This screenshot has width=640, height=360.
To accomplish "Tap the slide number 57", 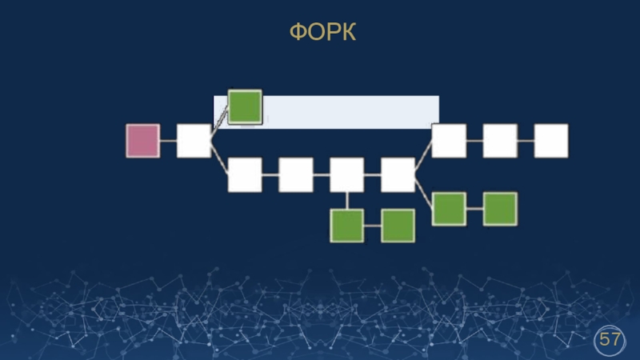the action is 610,340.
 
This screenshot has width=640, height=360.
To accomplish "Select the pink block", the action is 142,141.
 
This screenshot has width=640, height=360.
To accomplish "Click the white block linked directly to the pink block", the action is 194,141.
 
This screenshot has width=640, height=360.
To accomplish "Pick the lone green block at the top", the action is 245,106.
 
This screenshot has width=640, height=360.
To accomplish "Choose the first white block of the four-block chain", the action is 245,175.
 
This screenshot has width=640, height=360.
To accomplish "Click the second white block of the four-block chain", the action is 296,175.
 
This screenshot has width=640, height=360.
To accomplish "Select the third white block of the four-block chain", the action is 347,175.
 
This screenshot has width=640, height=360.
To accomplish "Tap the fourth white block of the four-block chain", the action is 398,175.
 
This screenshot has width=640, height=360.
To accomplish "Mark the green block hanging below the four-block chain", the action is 347,226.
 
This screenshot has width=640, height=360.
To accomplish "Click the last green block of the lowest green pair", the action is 398,226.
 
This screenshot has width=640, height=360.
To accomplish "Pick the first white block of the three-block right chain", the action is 449,141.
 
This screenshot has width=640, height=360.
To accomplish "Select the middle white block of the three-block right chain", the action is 500,141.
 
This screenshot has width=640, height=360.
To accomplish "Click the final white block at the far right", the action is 551,141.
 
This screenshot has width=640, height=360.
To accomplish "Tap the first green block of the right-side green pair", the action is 449,209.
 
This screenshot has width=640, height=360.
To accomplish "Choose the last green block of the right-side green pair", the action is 500,209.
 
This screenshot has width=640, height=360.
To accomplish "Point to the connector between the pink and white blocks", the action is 168,141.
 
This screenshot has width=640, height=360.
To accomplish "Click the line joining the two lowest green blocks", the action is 373,226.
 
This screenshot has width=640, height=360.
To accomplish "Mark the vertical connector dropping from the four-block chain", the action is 347,200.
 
